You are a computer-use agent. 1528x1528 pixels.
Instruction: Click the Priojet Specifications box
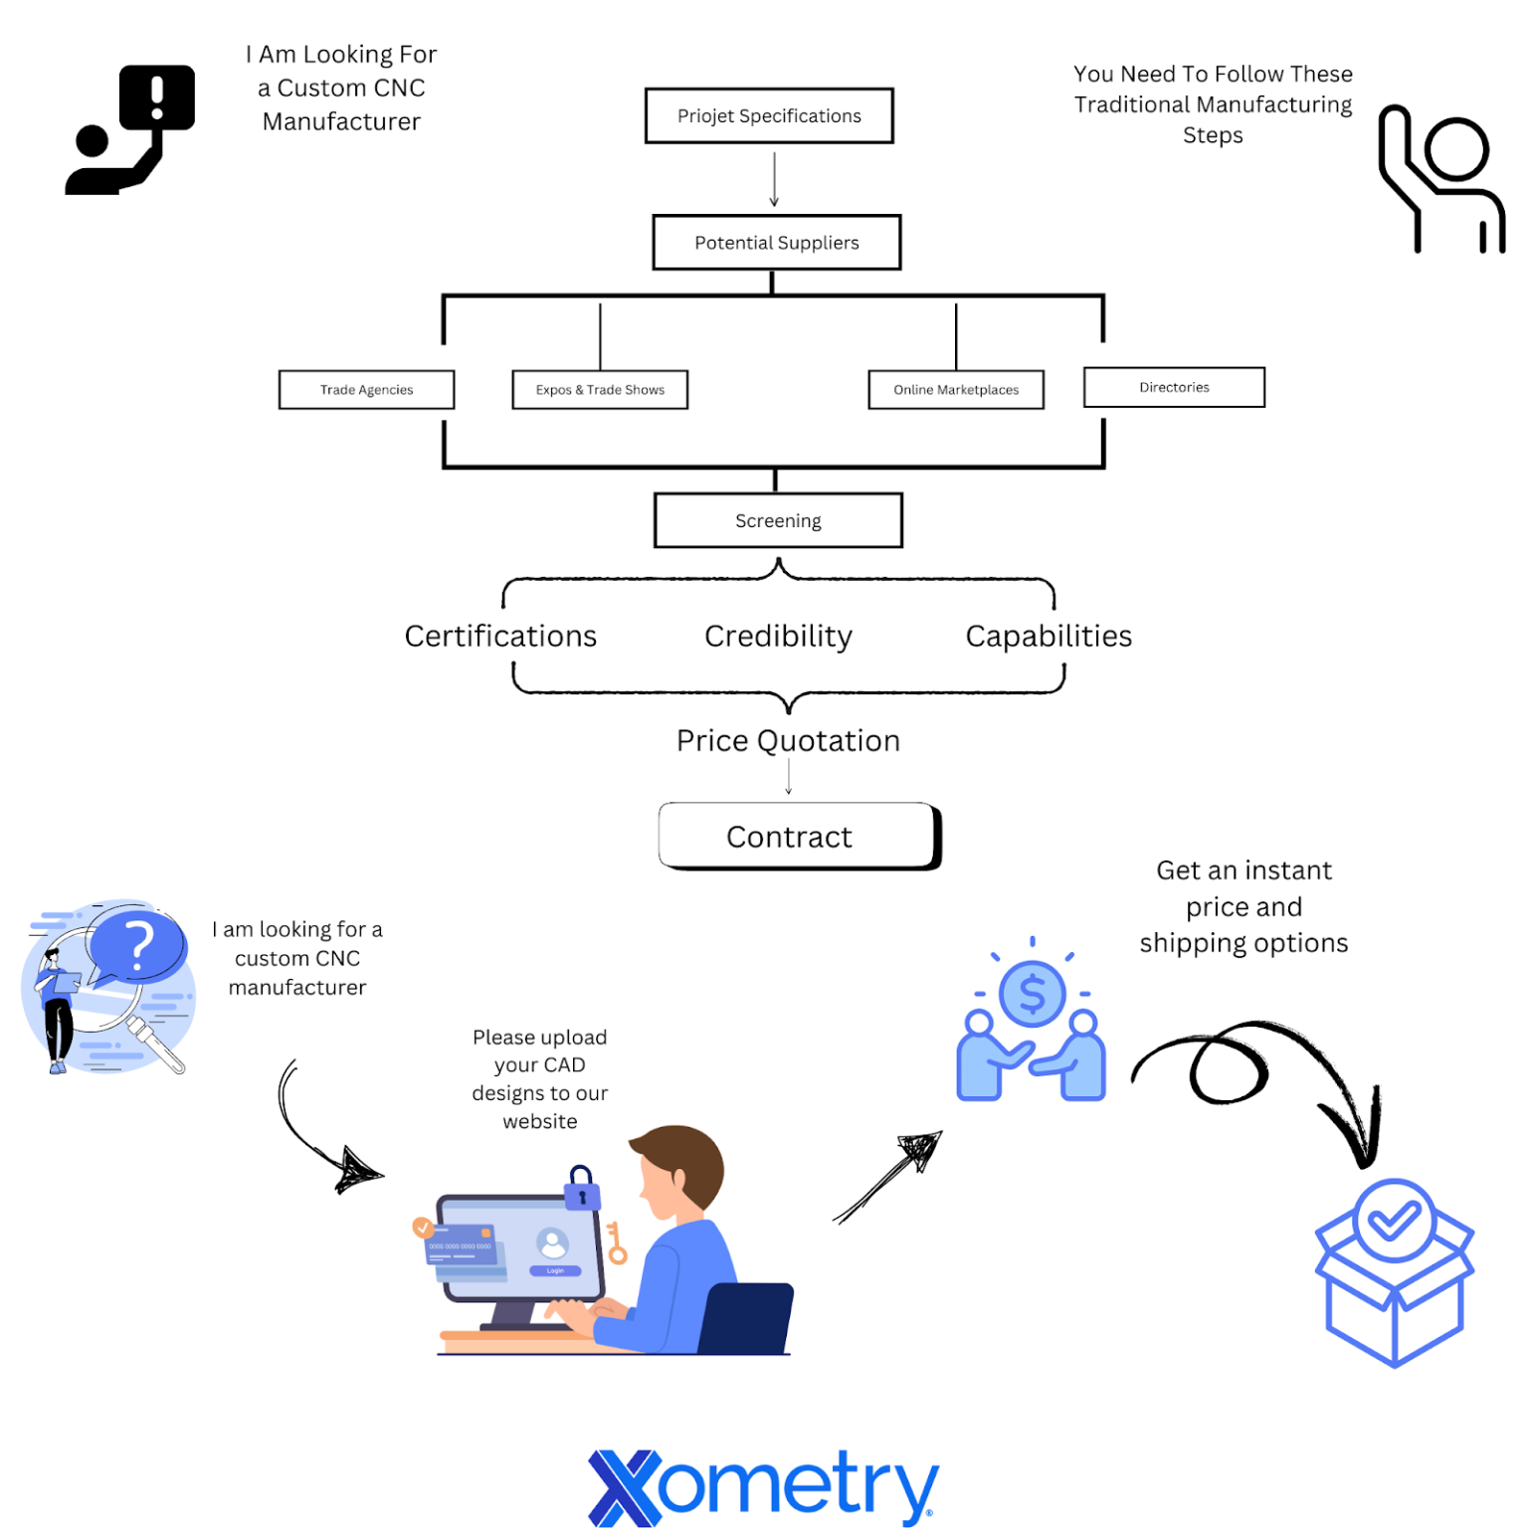click(x=769, y=116)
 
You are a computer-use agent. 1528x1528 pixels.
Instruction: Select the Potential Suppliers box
click(x=776, y=243)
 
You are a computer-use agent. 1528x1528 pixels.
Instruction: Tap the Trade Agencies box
click(x=366, y=390)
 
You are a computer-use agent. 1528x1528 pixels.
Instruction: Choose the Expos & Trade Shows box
click(x=600, y=390)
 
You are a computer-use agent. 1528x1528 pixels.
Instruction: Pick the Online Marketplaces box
click(x=955, y=390)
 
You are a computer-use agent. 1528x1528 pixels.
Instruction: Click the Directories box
click(x=1174, y=388)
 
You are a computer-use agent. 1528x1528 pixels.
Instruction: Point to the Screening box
click(x=778, y=520)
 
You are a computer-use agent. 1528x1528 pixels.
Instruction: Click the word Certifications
click(x=500, y=637)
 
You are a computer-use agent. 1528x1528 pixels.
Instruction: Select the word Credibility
click(x=778, y=637)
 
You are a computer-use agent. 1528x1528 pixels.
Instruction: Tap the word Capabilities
click(x=1049, y=637)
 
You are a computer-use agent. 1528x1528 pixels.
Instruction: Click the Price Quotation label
click(x=788, y=741)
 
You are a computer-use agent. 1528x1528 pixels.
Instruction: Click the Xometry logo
click(x=763, y=1487)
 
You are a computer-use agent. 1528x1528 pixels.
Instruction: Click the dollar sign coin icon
click(x=1033, y=994)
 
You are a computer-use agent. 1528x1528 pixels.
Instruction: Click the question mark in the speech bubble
click(x=139, y=945)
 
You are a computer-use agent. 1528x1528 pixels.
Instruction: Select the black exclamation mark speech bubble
click(x=157, y=96)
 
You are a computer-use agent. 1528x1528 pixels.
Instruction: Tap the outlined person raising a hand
click(x=1441, y=179)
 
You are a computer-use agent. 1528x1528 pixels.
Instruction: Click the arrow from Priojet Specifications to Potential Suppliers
click(x=774, y=179)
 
